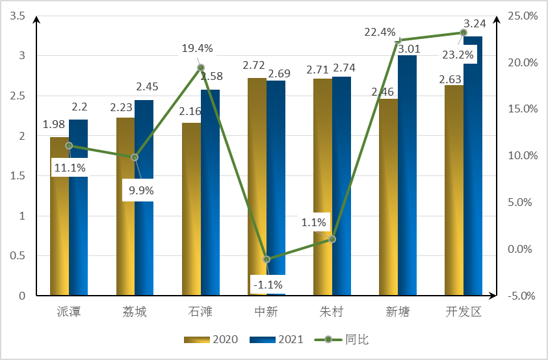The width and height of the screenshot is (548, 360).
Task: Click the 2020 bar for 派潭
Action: (59, 221)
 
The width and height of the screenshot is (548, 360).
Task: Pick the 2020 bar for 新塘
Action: (389, 201)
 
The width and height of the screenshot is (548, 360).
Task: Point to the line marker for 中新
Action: (267, 259)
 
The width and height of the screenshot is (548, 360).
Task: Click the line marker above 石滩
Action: (201, 68)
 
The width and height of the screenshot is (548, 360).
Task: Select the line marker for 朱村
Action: (332, 239)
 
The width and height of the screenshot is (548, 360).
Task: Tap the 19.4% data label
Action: (197, 48)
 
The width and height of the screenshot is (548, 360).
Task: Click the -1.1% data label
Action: (267, 284)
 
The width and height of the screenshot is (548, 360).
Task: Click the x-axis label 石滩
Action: (200, 312)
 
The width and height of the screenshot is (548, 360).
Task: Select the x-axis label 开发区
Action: (463, 312)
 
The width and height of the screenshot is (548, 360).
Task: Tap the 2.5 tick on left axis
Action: (19, 96)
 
